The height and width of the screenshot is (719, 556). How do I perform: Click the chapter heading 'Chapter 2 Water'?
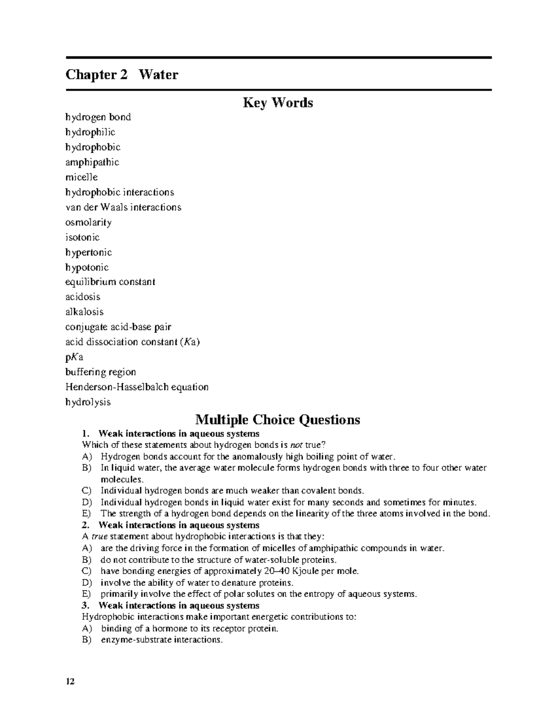tap(122, 75)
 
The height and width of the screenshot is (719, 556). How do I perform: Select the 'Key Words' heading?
tap(278, 102)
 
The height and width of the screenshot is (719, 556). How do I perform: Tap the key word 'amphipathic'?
tap(92, 162)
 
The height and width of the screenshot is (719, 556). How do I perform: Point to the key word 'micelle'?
tap(82, 177)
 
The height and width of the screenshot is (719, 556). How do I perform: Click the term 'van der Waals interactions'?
tap(123, 207)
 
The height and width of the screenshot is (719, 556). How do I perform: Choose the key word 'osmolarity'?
tap(88, 222)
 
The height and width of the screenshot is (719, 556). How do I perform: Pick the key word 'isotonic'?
tap(82, 237)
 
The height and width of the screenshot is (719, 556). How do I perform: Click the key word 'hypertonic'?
tap(88, 252)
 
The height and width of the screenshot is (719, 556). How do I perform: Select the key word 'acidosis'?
tap(83, 297)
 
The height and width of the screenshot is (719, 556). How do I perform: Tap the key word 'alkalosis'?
tap(84, 312)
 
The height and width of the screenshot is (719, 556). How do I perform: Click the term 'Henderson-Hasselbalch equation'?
tap(137, 387)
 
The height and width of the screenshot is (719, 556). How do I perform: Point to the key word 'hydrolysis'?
tap(88, 402)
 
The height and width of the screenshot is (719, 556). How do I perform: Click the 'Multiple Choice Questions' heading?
tap(278, 419)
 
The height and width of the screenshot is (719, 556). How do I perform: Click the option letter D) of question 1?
tap(87, 502)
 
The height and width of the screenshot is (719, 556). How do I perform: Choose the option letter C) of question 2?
tap(87, 571)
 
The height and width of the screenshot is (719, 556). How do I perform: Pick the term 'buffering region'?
tap(101, 372)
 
